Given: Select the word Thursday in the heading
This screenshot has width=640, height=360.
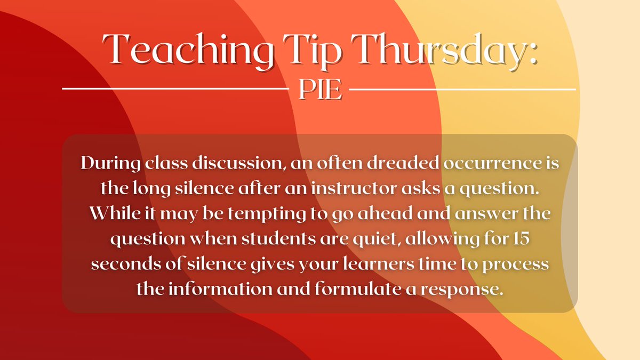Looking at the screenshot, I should click(x=448, y=51).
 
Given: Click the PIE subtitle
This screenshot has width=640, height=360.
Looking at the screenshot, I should click(x=320, y=91).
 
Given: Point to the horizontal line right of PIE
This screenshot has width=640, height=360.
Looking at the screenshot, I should click(x=462, y=89).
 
